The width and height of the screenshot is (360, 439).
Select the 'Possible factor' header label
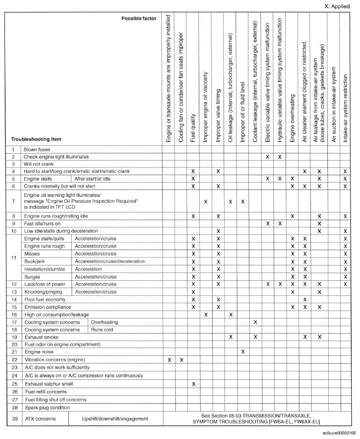click(139, 18)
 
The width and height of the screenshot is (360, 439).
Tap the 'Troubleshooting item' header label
click(37, 139)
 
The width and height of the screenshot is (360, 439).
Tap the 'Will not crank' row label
click(39, 164)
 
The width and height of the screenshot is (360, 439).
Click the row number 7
click(13, 201)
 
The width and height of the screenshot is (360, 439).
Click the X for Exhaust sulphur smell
click(193, 383)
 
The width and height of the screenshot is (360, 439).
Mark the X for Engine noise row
click(243, 351)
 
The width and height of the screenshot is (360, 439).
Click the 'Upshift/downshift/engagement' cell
click(115, 418)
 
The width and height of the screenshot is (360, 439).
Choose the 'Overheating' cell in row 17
click(106, 322)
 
